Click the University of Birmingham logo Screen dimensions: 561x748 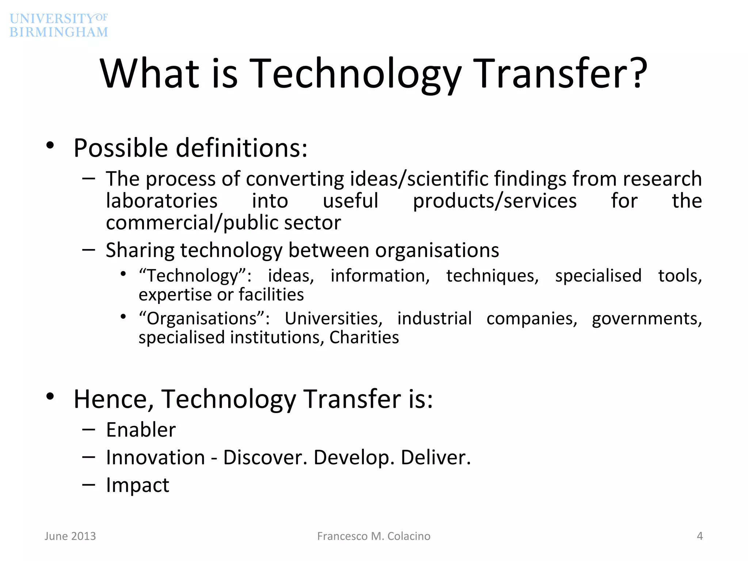[x=59, y=25]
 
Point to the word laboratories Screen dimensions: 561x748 [x=162, y=201]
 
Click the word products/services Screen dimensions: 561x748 [x=495, y=201]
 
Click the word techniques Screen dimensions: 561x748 [x=492, y=276]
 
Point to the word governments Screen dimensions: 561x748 [x=647, y=319]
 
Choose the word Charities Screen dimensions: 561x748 [x=364, y=337]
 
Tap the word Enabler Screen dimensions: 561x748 [x=141, y=430]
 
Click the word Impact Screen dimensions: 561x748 [x=138, y=485]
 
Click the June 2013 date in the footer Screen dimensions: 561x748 [x=70, y=536]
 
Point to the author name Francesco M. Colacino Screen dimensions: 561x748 [x=374, y=536]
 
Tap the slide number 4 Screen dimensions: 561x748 [x=699, y=536]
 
